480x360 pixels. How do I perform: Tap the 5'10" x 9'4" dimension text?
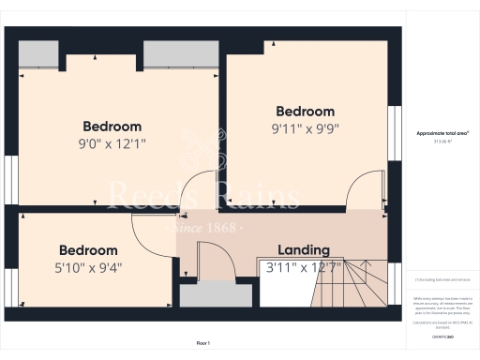(88, 266)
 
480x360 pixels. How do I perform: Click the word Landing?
(304, 250)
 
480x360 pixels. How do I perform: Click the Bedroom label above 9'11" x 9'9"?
(304, 111)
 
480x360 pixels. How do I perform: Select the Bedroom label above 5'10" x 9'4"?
(88, 250)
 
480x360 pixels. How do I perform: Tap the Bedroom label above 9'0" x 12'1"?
(112, 127)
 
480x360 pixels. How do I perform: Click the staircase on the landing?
(360, 282)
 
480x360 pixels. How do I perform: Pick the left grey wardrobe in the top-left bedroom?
(38, 53)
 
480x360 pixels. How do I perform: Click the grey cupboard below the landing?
(216, 296)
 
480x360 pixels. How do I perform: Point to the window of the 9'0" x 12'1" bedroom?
(10, 178)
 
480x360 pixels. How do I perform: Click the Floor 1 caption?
(202, 344)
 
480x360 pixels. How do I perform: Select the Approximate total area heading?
(442, 134)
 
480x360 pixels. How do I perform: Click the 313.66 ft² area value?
(442, 142)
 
